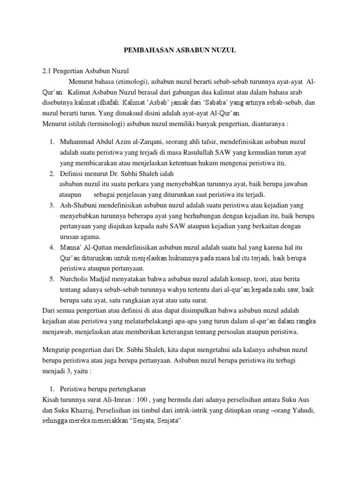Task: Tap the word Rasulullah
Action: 187,152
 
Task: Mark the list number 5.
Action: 52,279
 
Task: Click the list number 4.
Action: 52,247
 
